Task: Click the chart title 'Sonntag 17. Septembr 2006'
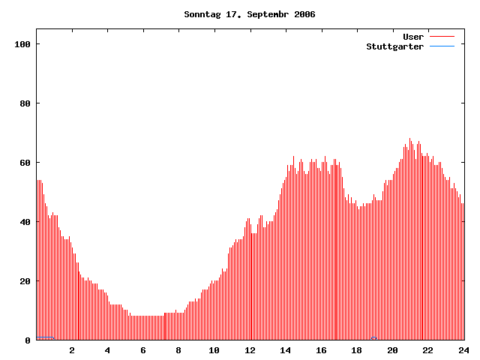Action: pyautogui.click(x=250, y=14)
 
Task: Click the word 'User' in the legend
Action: pyautogui.click(x=413, y=37)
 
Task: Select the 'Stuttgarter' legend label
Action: pyautogui.click(x=394, y=46)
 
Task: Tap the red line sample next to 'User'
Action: pyautogui.click(x=442, y=37)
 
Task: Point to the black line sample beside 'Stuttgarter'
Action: pyautogui.click(x=442, y=46)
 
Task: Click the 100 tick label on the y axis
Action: pyautogui.click(x=22, y=44)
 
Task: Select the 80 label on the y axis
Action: pyautogui.click(x=25, y=103)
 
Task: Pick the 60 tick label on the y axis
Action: pyautogui.click(x=25, y=163)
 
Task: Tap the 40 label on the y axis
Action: pyautogui.click(x=25, y=222)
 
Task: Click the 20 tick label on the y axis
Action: pyautogui.click(x=25, y=281)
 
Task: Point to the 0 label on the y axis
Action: pyautogui.click(x=28, y=340)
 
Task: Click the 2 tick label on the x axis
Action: pyautogui.click(x=72, y=350)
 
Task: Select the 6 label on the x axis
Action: pyautogui.click(x=143, y=350)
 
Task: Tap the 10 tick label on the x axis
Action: pyautogui.click(x=214, y=350)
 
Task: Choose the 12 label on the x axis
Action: pyautogui.click(x=250, y=350)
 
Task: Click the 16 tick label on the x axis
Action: pyautogui.click(x=321, y=350)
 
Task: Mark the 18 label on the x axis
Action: pyautogui.click(x=357, y=350)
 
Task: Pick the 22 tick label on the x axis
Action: pyautogui.click(x=428, y=350)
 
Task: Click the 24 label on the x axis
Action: pyautogui.click(x=463, y=350)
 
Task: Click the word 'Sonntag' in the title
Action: pyautogui.click(x=202, y=14)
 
